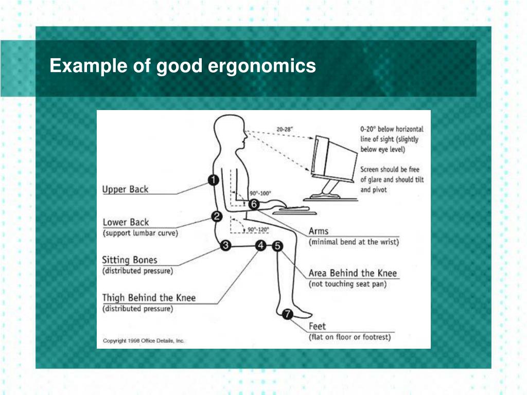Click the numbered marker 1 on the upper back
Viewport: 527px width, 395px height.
tap(213, 180)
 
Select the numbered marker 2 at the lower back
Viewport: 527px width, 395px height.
tap(217, 217)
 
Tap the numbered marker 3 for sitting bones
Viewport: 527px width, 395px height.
tap(225, 246)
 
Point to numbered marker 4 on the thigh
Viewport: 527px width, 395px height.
tap(261, 246)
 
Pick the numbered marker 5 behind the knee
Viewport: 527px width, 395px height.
tap(277, 246)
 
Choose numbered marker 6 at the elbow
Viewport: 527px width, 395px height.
tap(253, 204)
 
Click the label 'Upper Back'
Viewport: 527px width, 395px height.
tap(125, 189)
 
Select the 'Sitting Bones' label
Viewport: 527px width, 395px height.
tap(130, 260)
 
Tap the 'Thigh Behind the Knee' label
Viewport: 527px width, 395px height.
tap(149, 298)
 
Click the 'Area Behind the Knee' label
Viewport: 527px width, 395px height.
tap(353, 273)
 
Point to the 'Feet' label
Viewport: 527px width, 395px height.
tap(317, 326)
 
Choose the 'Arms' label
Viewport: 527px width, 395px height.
tap(318, 231)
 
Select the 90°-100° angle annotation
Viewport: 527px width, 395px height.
tap(260, 193)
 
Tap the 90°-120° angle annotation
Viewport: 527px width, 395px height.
tap(258, 229)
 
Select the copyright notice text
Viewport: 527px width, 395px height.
tap(144, 340)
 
